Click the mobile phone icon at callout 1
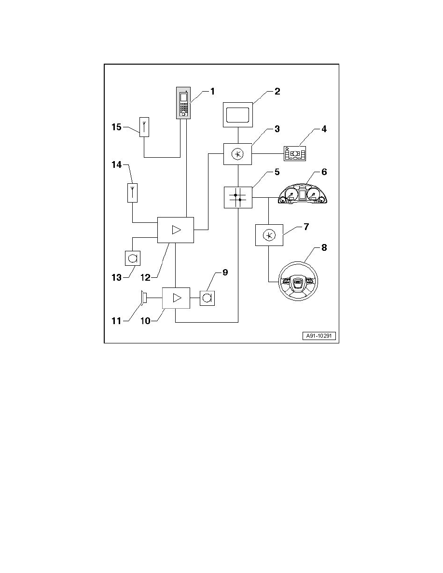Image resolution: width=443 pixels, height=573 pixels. [183, 103]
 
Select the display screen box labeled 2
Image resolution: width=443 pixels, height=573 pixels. [238, 115]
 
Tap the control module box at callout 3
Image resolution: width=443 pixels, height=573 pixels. [237, 154]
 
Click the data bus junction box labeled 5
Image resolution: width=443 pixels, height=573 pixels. [238, 197]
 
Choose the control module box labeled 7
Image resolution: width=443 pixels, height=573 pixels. [268, 235]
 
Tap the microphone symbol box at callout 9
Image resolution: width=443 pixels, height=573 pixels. [207, 298]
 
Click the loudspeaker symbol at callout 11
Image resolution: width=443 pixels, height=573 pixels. [143, 298]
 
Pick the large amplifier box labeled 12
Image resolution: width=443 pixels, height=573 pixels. [176, 230]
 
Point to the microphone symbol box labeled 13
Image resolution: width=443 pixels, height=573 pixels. [132, 258]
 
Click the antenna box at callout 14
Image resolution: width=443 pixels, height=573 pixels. [132, 192]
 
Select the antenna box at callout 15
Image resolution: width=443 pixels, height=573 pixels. [144, 127]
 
